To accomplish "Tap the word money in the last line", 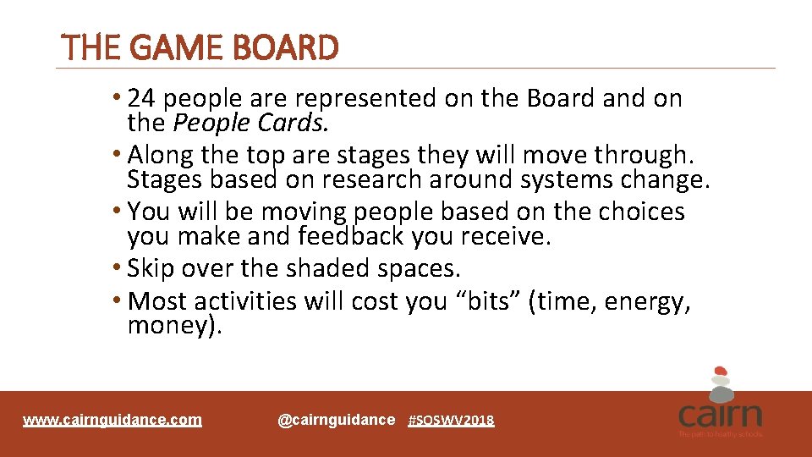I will tap(167, 325).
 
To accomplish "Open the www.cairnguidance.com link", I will tap(112, 420).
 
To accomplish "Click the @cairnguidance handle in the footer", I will tap(336, 420).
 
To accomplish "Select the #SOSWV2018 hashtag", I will tap(451, 421).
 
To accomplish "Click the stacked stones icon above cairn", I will tap(720, 382).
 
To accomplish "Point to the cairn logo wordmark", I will tap(720, 416).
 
